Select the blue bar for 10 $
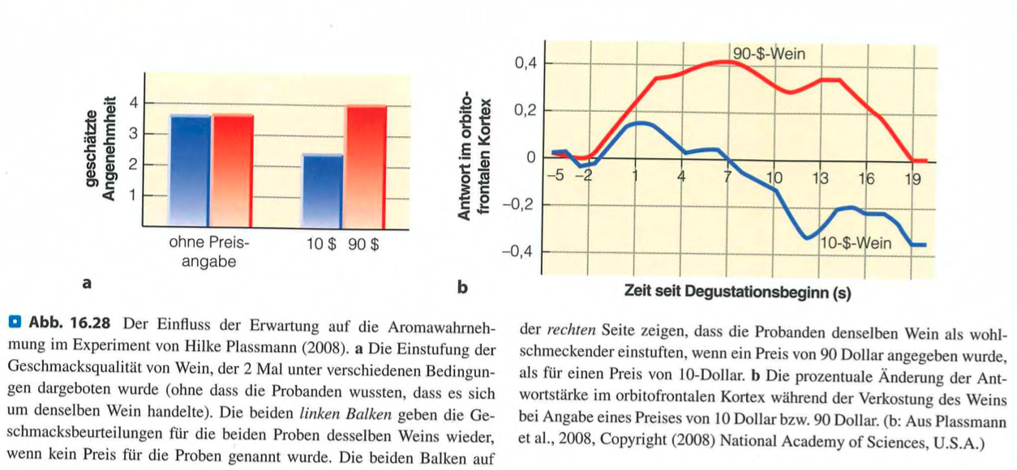322,190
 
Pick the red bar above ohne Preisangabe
233,169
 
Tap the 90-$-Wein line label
768,54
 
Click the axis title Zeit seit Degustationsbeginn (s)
737,292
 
